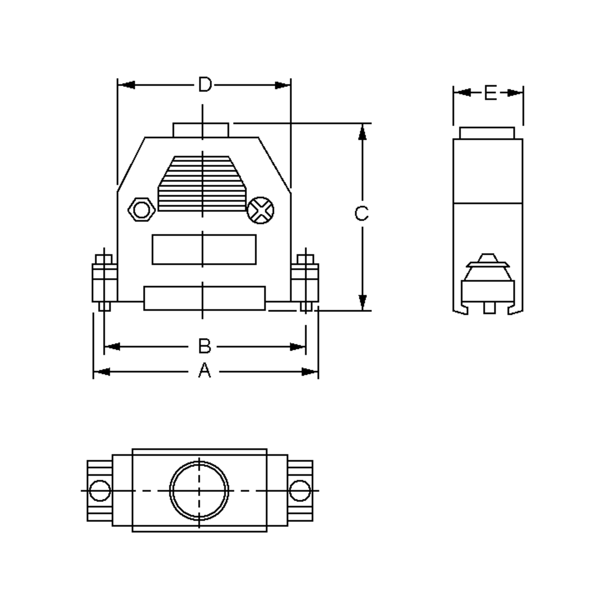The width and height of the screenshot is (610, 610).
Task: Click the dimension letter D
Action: [x=205, y=85]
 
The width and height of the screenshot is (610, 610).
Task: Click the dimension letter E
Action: [x=490, y=93]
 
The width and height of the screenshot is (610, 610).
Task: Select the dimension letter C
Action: [x=361, y=213]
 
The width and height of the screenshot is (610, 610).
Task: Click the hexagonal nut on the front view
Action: [x=142, y=210]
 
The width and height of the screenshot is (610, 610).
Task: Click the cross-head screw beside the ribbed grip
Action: [x=261, y=211]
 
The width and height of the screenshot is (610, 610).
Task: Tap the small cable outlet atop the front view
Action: [x=201, y=130]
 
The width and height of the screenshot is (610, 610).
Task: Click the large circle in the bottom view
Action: [x=199, y=490]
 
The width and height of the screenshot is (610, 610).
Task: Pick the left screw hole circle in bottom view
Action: [x=100, y=490]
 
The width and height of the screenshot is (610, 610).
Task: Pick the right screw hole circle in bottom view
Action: [x=300, y=490]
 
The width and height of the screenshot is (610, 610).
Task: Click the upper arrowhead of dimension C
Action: [x=362, y=132]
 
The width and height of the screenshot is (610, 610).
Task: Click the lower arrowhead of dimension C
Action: [x=362, y=302]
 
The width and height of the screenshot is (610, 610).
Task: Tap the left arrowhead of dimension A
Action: [x=102, y=372]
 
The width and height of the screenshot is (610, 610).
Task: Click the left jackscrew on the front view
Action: [x=104, y=283]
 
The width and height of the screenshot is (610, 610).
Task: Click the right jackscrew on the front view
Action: [x=305, y=283]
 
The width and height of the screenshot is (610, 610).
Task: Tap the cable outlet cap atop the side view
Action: [x=487, y=133]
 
